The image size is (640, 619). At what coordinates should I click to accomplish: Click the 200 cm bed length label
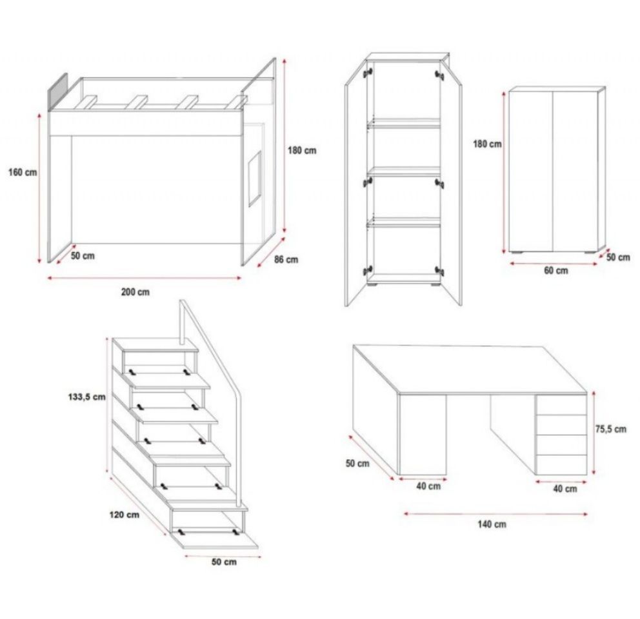(x=135, y=292)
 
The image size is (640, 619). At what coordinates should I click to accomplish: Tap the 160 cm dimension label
(x=23, y=172)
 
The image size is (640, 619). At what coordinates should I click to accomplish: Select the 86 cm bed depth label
(x=286, y=259)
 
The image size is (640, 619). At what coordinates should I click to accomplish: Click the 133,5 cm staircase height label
(x=86, y=397)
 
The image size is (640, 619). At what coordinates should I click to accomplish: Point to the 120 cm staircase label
(x=124, y=515)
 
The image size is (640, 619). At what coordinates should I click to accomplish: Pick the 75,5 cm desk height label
(x=610, y=429)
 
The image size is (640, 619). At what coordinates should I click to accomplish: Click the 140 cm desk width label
(x=492, y=524)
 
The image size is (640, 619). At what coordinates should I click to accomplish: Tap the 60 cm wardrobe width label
(x=556, y=271)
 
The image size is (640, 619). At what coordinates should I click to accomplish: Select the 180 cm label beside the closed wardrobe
(x=487, y=144)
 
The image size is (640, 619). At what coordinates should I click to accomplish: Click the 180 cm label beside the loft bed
(x=302, y=151)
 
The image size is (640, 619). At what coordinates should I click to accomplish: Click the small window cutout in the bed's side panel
(x=255, y=179)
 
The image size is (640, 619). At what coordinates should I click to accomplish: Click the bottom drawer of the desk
(x=561, y=465)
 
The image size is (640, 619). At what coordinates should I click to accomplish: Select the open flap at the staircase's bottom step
(x=215, y=540)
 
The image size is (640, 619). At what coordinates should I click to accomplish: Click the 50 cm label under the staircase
(x=224, y=562)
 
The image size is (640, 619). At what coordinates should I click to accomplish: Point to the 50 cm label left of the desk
(x=357, y=464)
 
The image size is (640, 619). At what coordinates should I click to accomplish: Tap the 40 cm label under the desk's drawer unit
(x=565, y=488)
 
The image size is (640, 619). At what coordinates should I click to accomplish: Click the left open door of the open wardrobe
(x=356, y=184)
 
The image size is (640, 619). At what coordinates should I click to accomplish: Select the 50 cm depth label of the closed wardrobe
(x=618, y=257)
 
